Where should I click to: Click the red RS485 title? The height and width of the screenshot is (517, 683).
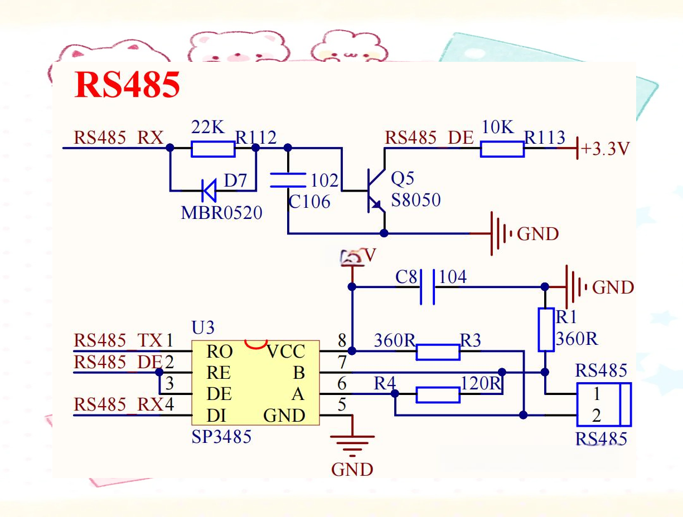click(128, 85)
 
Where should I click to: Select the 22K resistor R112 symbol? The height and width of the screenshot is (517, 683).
click(213, 149)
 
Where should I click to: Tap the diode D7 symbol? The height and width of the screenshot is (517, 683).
click(209, 191)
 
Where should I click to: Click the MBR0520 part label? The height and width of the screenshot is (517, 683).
click(221, 213)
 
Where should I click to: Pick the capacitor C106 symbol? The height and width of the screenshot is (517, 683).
click(288, 181)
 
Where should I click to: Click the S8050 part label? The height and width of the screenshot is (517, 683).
click(415, 200)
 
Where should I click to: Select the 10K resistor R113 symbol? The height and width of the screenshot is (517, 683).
click(502, 149)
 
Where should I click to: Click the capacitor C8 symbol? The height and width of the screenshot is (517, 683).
click(427, 287)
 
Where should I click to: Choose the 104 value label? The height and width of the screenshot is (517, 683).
click(453, 276)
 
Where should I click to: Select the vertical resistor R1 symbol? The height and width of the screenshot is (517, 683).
click(546, 329)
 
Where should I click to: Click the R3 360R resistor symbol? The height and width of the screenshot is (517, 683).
click(438, 352)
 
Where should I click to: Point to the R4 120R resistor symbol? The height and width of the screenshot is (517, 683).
click(438, 396)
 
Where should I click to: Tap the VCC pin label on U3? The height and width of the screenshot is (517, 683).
click(285, 352)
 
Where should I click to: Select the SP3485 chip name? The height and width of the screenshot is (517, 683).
click(221, 437)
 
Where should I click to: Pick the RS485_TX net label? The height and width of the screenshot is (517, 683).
click(118, 340)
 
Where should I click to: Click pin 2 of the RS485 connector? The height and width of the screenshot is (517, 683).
click(597, 415)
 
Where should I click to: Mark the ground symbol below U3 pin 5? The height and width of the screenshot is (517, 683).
click(352, 444)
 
